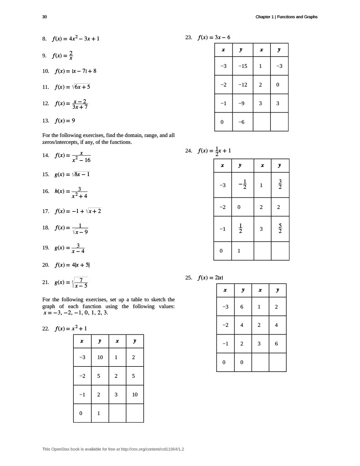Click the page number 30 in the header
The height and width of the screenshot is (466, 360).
click(x=44, y=17)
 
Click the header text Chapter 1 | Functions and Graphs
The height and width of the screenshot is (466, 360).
click(x=286, y=17)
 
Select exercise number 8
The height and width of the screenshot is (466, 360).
click(x=44, y=39)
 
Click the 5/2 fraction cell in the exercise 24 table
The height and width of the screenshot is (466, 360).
click(x=280, y=229)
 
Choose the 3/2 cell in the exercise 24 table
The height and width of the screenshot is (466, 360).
click(x=280, y=185)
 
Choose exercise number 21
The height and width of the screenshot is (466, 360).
click(x=46, y=282)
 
